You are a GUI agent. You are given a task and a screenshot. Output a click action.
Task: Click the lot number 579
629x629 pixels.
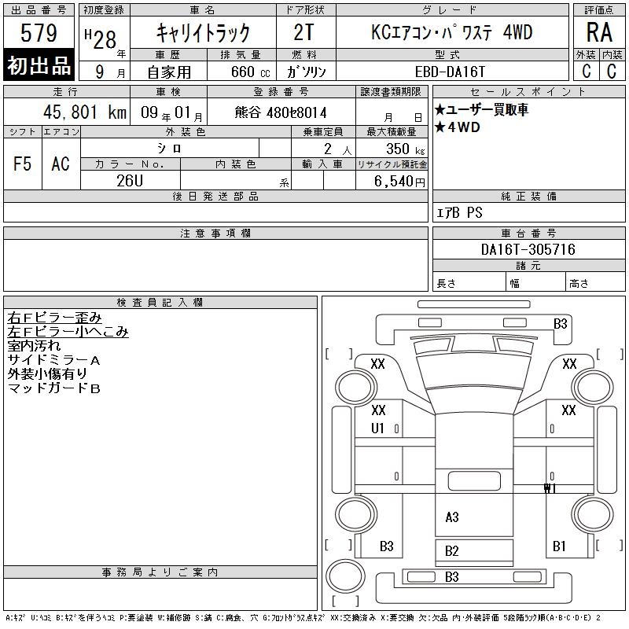coord(39,32)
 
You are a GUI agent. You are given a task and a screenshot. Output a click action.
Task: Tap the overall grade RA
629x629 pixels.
coord(599,32)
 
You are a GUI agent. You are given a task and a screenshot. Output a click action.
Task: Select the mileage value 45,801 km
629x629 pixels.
coord(85,112)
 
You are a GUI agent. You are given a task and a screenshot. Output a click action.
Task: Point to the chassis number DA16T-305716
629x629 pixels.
coord(528,249)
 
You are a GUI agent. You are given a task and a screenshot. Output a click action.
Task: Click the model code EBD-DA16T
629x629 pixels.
coord(450,72)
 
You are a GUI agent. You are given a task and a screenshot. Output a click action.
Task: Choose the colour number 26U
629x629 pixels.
coord(130,181)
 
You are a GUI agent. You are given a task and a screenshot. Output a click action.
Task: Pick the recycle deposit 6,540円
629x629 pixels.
coord(399,182)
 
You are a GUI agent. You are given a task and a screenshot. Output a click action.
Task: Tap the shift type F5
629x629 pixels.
coord(23,164)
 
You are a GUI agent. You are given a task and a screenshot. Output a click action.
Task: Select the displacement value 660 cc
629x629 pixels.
coord(250,72)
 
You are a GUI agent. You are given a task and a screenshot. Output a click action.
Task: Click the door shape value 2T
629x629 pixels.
coord(303,32)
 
